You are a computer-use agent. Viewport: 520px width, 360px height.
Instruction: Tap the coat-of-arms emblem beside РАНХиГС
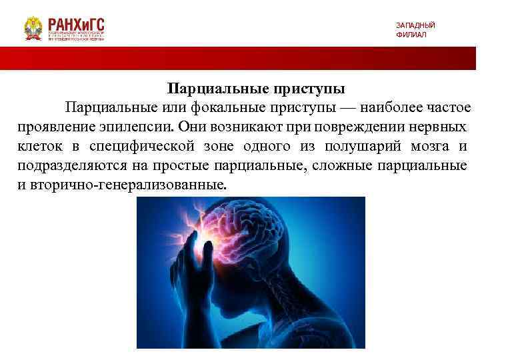(33, 29)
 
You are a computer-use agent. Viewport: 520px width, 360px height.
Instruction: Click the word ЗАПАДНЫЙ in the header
(415, 25)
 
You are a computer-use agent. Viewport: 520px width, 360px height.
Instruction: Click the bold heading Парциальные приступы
(256, 89)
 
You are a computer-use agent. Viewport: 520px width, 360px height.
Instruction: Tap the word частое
(447, 108)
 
